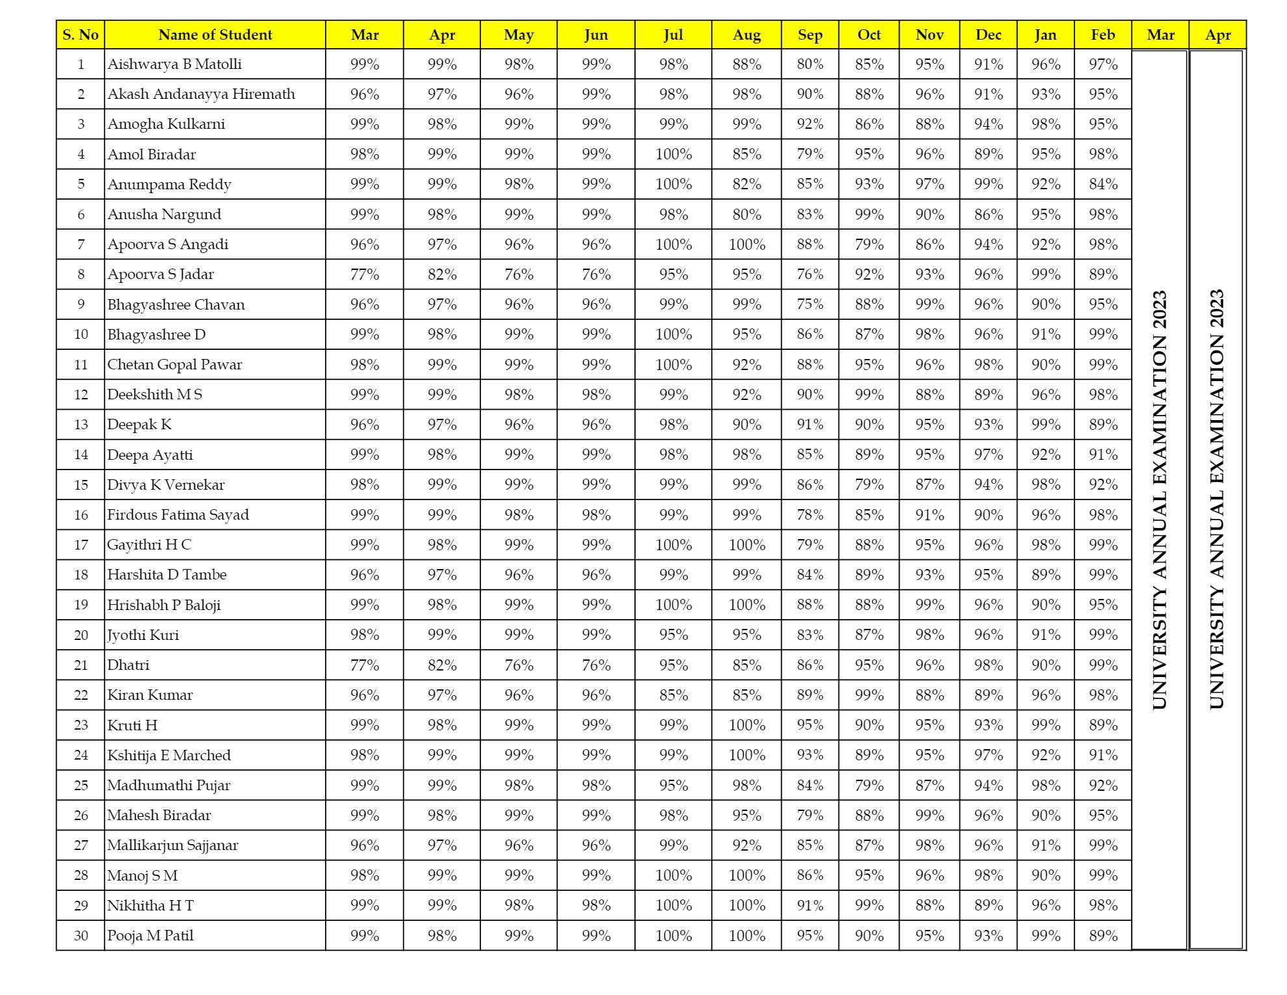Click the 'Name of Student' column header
[x=214, y=35]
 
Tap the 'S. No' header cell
[x=81, y=35]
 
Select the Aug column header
[x=746, y=35]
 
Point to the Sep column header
[x=810, y=35]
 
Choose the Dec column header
[x=988, y=35]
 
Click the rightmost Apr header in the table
[x=1217, y=35]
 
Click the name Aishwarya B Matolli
[x=174, y=64]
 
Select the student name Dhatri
[x=128, y=665]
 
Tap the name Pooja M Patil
[x=150, y=936]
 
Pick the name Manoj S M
[x=142, y=875]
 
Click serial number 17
[x=81, y=545]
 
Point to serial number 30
[x=81, y=936]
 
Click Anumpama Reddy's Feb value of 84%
[x=1103, y=185]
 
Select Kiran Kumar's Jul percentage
[x=673, y=695]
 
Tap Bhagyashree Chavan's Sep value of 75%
[x=810, y=305]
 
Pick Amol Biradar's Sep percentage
[x=810, y=155]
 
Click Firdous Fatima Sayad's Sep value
[x=810, y=515]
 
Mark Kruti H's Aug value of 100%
[x=746, y=725]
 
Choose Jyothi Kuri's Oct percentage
[x=869, y=635]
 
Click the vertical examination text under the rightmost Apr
[x=1216, y=499]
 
